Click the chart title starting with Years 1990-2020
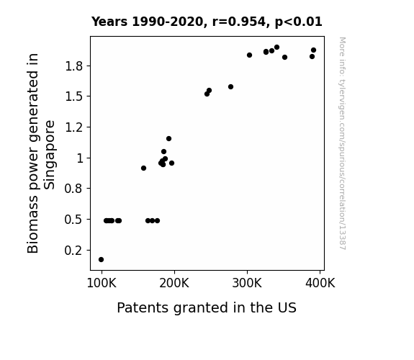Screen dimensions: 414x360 (207, 22)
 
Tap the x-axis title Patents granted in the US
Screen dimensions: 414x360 (207, 308)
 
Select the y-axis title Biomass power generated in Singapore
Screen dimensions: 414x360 (41, 153)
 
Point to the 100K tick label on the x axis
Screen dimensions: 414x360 (102, 284)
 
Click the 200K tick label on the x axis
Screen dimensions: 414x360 (174, 284)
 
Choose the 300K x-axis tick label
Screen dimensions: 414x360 (247, 284)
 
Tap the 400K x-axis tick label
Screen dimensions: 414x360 (320, 284)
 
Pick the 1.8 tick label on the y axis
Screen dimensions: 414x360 (74, 66)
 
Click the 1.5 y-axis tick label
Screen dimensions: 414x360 (74, 96)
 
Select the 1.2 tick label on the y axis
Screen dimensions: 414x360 (74, 127)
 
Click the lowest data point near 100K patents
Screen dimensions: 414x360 (101, 260)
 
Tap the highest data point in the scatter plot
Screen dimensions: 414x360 (276, 48)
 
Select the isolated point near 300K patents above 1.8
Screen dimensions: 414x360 (250, 55)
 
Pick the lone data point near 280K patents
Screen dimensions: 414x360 (231, 87)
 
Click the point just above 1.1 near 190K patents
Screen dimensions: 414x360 (169, 139)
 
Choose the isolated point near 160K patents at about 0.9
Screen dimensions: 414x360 (143, 168)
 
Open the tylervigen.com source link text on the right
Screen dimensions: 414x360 (343, 143)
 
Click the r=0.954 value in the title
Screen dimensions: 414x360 (239, 22)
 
